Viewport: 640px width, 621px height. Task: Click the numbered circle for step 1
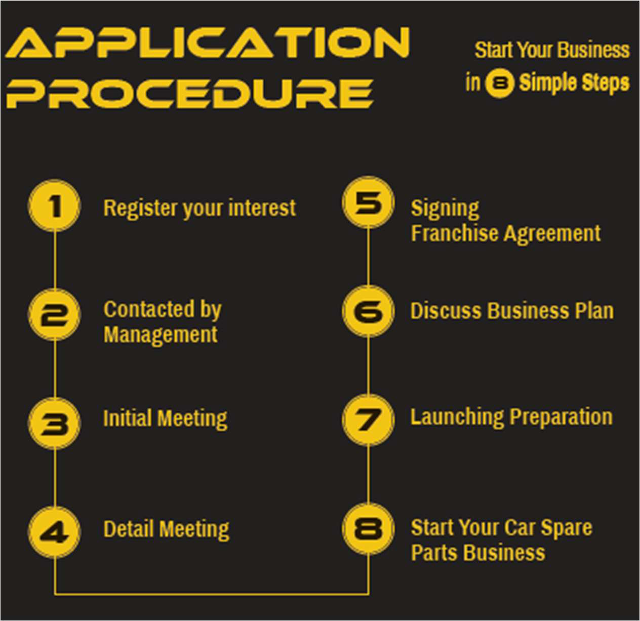click(54, 206)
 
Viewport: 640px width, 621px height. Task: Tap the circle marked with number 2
click(54, 315)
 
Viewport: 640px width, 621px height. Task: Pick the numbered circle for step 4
click(54, 532)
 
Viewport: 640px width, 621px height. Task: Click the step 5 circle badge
click(368, 202)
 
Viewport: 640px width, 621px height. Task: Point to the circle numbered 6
click(368, 311)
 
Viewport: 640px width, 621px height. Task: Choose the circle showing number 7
click(368, 420)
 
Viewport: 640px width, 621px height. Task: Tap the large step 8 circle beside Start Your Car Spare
click(368, 529)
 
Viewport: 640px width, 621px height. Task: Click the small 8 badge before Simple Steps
click(500, 83)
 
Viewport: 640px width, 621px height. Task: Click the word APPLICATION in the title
click(208, 43)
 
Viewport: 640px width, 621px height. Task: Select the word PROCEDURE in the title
click(190, 94)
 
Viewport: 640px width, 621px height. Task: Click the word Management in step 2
click(161, 335)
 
